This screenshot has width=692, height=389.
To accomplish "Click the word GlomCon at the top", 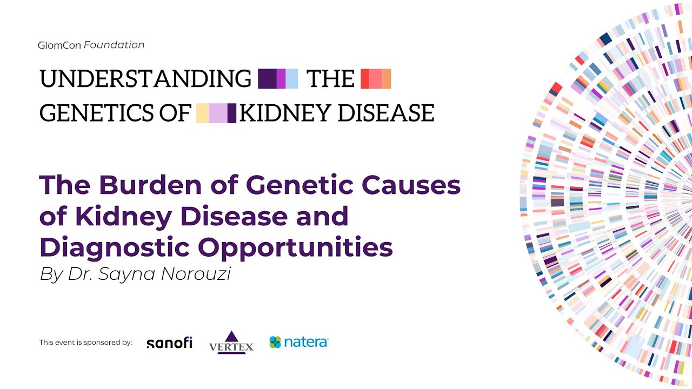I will pyautogui.click(x=59, y=45).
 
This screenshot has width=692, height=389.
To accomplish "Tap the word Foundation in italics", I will pyautogui.click(x=114, y=45).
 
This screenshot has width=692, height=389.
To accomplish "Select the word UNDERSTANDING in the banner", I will pyautogui.click(x=145, y=79).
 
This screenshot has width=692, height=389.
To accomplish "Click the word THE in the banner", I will pyautogui.click(x=330, y=79).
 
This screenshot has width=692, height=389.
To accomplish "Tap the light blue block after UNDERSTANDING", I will pyautogui.click(x=292, y=79).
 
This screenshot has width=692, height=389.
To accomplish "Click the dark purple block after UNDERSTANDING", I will pyautogui.click(x=267, y=79).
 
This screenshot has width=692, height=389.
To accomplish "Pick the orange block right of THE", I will pyautogui.click(x=387, y=79).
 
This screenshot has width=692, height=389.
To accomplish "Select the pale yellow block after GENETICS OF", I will pyautogui.click(x=202, y=113).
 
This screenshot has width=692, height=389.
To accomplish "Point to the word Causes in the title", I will pyautogui.click(x=411, y=185).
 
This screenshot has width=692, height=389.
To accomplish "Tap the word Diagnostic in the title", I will pyautogui.click(x=114, y=247).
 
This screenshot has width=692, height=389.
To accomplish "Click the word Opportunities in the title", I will pyautogui.click(x=295, y=247).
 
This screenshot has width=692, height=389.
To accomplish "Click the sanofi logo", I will pyautogui.click(x=169, y=343).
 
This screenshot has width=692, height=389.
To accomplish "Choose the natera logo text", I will pyautogui.click(x=306, y=342).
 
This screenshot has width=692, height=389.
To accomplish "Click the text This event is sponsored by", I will pyautogui.click(x=85, y=343).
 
